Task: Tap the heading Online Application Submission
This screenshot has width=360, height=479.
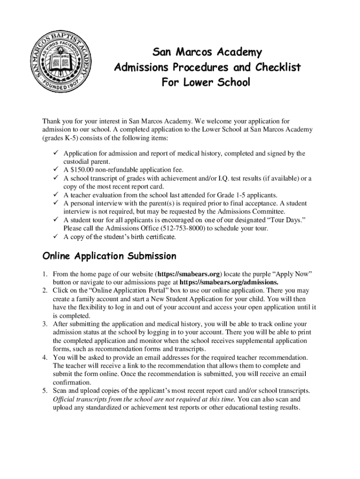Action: (109, 256)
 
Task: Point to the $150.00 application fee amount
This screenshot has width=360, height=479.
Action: (83, 170)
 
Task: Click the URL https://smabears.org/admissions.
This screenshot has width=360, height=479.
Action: (229, 282)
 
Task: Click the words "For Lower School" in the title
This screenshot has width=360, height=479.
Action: (206, 83)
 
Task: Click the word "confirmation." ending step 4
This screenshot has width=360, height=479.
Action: (72, 382)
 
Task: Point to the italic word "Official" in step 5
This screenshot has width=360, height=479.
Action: (65, 399)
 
